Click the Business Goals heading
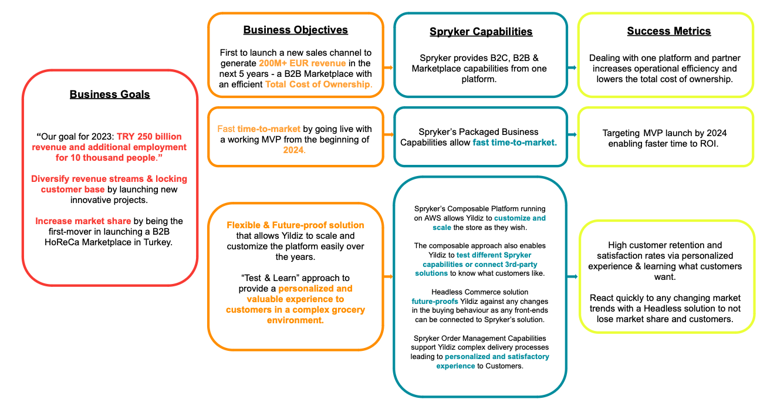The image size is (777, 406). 110,94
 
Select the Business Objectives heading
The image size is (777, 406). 295,30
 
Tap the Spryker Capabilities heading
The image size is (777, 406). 481,32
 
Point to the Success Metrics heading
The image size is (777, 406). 668,31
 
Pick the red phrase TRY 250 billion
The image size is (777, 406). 149,137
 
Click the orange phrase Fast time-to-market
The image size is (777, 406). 259,129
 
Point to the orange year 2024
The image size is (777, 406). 295,150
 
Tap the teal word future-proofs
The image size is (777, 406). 435,302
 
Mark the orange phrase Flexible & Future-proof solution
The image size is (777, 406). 295,225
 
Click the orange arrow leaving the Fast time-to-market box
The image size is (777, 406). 389,134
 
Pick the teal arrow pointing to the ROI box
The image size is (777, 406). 572,134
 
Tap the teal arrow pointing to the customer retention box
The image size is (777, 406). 572,276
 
